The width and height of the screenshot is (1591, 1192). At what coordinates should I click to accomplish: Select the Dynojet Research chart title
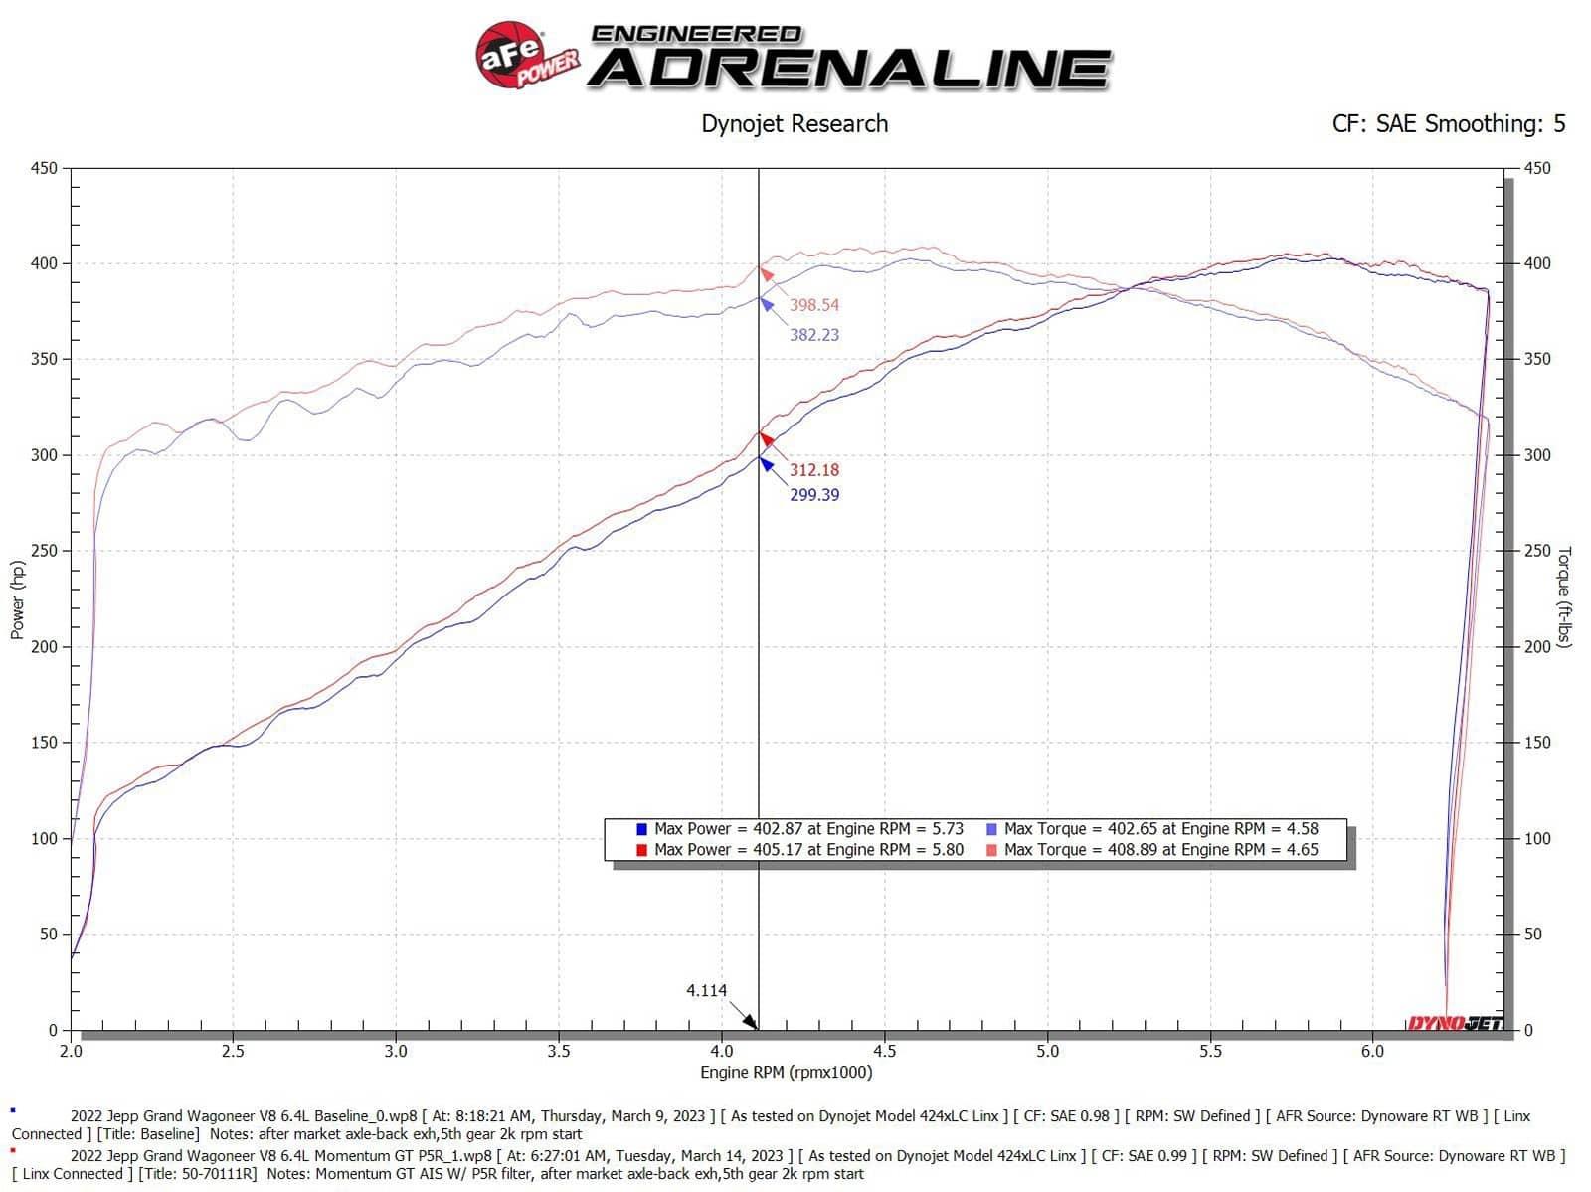(x=795, y=124)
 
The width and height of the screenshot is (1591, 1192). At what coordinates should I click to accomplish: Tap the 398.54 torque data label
(x=814, y=305)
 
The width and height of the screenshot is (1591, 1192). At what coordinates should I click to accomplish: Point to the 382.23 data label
(x=814, y=335)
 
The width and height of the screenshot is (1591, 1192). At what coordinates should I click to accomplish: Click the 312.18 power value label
(x=814, y=470)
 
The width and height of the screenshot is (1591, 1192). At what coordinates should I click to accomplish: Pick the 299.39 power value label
(x=814, y=495)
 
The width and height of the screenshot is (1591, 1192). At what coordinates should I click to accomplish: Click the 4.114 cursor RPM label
(x=706, y=990)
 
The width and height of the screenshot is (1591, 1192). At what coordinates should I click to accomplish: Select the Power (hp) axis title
(x=17, y=599)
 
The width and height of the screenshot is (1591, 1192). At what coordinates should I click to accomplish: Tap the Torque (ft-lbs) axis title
(x=1564, y=597)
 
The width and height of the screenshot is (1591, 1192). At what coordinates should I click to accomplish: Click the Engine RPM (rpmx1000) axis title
(x=786, y=1072)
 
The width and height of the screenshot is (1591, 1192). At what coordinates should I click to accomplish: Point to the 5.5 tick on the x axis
(x=1210, y=1051)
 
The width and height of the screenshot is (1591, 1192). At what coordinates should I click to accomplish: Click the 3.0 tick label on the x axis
(x=396, y=1051)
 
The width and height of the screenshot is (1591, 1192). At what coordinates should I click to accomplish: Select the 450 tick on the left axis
(x=44, y=168)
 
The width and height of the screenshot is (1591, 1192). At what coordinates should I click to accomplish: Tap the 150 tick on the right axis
(x=1537, y=743)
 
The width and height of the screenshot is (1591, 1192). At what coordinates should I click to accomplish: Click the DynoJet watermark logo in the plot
(x=1454, y=1023)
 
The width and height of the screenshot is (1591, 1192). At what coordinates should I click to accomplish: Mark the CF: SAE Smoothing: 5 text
(x=1449, y=124)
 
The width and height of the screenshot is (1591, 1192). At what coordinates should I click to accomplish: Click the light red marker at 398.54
(x=766, y=273)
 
